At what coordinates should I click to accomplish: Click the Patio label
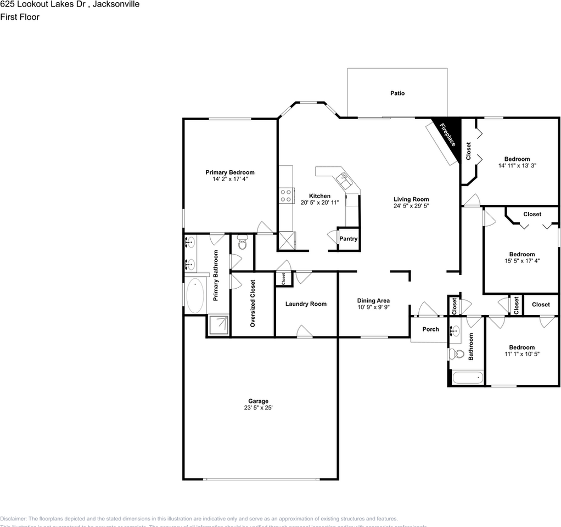tap(397, 93)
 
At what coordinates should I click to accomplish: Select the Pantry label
tap(348, 239)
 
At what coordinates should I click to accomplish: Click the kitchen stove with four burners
tap(285, 195)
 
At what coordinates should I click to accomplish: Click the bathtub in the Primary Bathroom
tap(194, 295)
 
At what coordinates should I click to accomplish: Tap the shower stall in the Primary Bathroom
tap(218, 325)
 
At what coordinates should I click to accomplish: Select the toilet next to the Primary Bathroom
tap(242, 243)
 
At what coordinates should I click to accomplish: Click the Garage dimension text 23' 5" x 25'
tap(257, 408)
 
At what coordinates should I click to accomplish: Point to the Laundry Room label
tap(306, 304)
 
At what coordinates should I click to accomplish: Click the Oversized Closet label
tap(253, 304)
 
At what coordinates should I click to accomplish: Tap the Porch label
tap(430, 329)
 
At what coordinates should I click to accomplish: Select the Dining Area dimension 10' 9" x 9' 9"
tap(373, 308)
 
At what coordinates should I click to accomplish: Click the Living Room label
tap(411, 199)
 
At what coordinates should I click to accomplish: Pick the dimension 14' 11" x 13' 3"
tap(517, 166)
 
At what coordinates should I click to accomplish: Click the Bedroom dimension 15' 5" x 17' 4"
tap(521, 261)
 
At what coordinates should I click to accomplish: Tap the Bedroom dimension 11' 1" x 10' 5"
tap(521, 355)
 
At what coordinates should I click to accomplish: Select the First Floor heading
tap(20, 17)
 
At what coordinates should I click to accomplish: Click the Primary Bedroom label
tap(230, 172)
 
